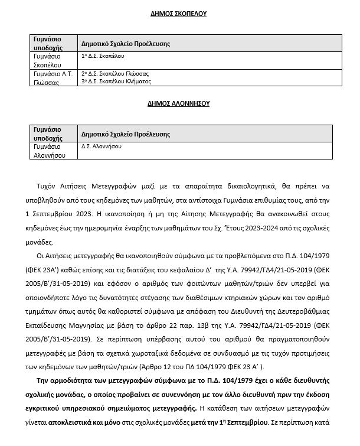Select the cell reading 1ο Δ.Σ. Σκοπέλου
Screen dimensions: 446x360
103,56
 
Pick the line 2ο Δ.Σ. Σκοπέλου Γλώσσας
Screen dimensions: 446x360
115,74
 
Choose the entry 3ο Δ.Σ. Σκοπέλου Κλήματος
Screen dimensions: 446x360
117,81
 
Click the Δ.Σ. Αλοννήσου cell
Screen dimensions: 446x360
101,145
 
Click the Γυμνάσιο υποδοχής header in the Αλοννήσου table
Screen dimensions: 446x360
48,132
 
